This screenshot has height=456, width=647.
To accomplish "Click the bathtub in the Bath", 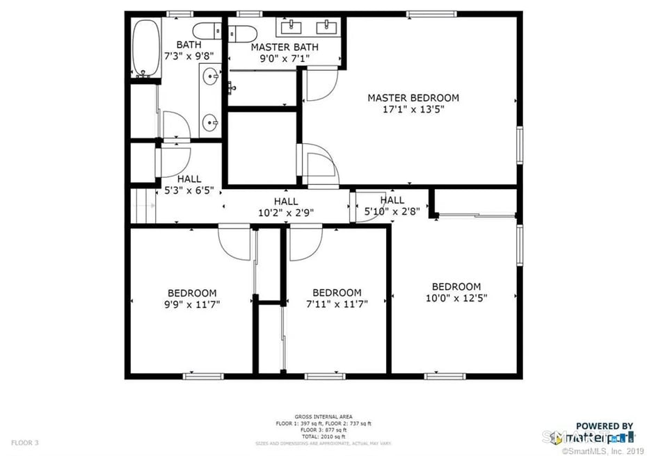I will coord(145,47).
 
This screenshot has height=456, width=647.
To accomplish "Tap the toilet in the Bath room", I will coord(206,31).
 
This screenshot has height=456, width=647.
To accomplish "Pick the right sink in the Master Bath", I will coord(326,27).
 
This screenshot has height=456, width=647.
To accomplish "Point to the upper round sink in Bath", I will coord(209,76).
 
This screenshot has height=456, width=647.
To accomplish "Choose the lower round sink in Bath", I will coord(209,124).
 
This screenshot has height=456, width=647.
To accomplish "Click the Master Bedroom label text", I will coord(413,98).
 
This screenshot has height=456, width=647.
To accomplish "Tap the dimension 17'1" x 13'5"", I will coord(413,109).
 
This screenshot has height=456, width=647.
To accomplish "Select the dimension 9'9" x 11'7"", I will coord(191,304).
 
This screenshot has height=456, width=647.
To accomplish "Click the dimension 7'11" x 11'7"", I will coord(337,304).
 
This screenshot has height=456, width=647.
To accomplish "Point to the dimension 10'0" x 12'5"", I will coord(456,298).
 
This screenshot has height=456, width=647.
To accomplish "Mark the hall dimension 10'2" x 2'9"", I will coord(285,213).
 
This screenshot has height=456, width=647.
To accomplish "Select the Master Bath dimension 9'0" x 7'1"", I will coord(285,58).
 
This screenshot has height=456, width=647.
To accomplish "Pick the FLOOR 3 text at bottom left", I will coord(24,442).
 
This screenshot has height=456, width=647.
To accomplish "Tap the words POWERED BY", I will coord(604,426).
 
